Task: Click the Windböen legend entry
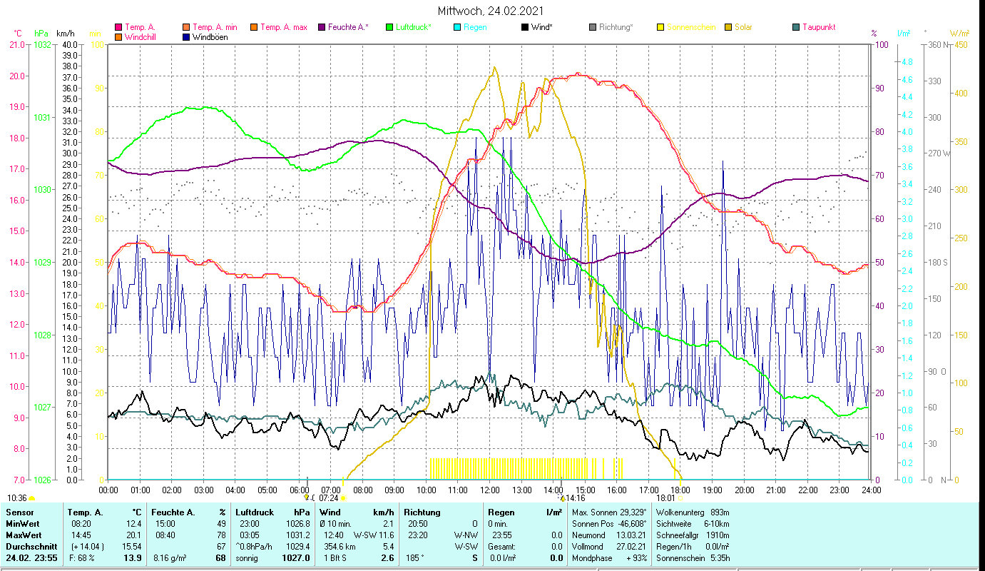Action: [210, 37]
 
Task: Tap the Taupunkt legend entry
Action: [818, 27]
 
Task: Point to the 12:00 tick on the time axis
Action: [490, 490]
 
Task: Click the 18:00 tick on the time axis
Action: [680, 490]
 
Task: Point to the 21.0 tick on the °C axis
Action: [16, 45]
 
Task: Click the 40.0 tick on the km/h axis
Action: [70, 45]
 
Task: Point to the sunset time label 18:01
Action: [665, 497]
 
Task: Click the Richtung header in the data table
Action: [422, 512]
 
